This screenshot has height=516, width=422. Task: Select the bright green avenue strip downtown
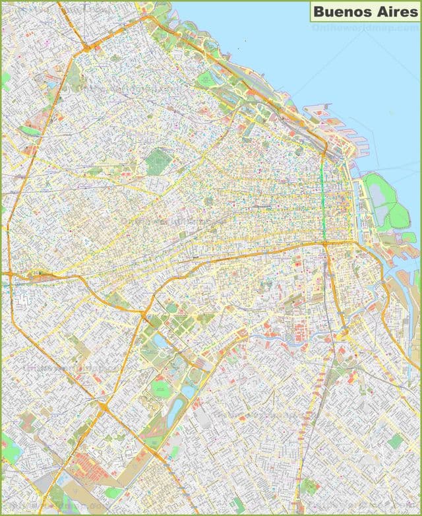coord(324,198)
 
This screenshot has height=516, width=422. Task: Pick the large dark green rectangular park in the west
coord(158,161)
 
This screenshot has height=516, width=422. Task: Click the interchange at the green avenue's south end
coord(325,244)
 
